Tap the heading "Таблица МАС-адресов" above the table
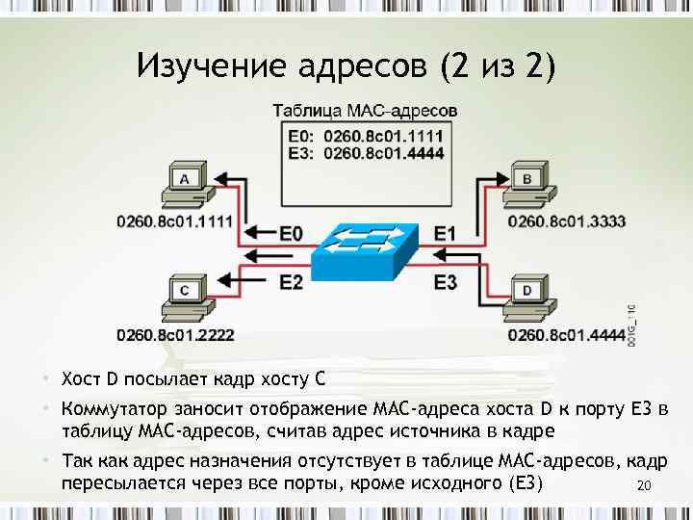click(367, 112)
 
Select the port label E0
click(291, 232)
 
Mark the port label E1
click(445, 232)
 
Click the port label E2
click(291, 281)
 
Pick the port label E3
click(445, 281)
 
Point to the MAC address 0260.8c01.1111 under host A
click(174, 221)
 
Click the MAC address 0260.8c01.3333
click(566, 221)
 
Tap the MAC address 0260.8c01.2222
click(174, 335)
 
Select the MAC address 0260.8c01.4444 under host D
click(566, 335)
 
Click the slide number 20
click(645, 486)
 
